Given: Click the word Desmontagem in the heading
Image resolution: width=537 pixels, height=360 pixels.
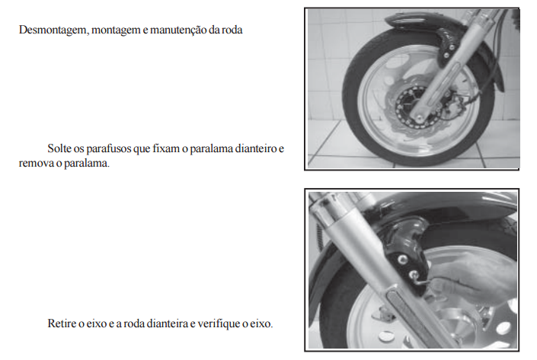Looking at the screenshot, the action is [x=54, y=30].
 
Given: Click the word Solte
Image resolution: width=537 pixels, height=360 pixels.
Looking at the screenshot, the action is [x=59, y=148].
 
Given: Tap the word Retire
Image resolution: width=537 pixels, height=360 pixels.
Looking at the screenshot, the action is [x=61, y=323].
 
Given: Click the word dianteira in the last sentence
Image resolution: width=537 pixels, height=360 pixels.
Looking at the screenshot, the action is [x=168, y=323].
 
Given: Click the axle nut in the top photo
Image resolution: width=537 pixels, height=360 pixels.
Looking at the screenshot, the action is [x=418, y=119].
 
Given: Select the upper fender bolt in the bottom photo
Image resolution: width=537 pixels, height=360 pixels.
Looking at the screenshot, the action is [x=402, y=259].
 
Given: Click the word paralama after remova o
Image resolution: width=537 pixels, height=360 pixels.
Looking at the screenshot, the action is [x=87, y=164].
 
